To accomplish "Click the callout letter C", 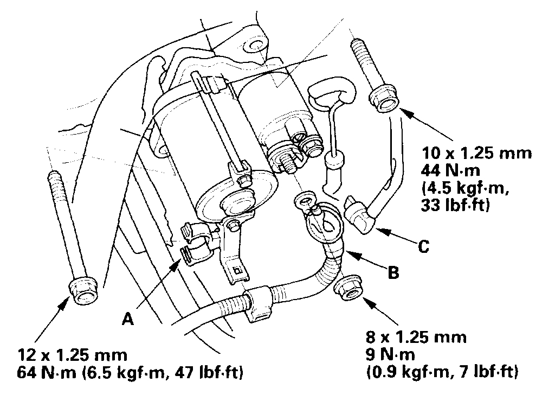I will tap(424, 247).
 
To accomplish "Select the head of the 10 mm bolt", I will tap(382, 99).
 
